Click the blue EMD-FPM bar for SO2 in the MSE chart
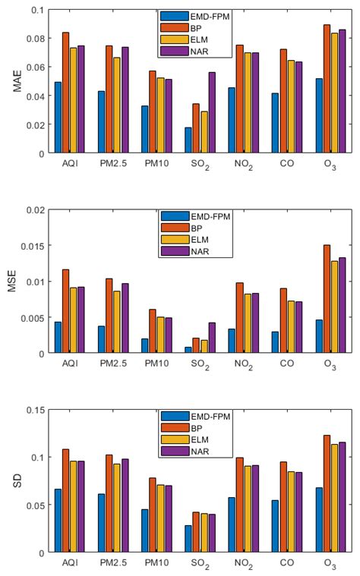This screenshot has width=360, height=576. (x=188, y=350)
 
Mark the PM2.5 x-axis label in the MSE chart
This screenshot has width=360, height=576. (x=114, y=364)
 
